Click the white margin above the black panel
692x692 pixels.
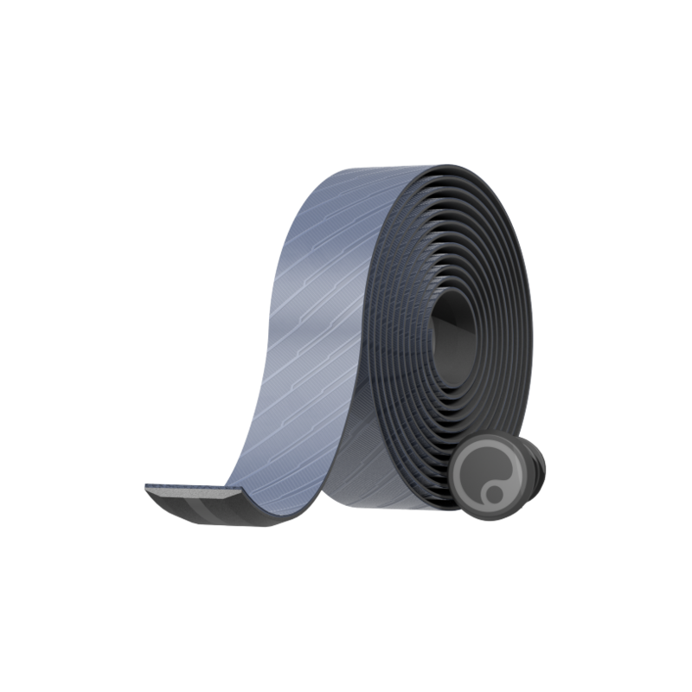[x=346, y=78]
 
